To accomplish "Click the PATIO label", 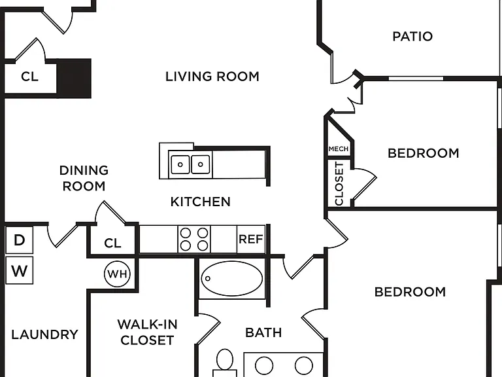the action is [x=412, y=36].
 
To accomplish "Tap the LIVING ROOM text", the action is [x=212, y=77].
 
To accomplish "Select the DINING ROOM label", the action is [x=84, y=178].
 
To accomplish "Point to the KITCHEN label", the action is [x=201, y=202].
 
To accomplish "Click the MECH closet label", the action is [x=339, y=149].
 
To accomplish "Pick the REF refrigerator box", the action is [x=251, y=239].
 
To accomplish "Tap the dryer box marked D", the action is [x=20, y=240].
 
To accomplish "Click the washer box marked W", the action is [x=20, y=270].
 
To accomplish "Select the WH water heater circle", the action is [x=117, y=274].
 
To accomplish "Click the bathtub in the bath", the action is [x=232, y=278].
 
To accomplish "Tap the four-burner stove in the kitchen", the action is [x=194, y=239].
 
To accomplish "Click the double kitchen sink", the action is [x=190, y=164].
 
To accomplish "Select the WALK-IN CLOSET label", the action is [x=147, y=332].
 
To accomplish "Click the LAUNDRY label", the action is [x=45, y=334].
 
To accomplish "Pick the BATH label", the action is [x=263, y=332].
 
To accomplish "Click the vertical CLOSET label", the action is [x=339, y=183].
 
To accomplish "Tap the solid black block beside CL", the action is [x=74, y=79].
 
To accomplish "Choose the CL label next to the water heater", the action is [x=112, y=243].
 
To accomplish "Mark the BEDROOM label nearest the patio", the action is [x=424, y=153].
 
